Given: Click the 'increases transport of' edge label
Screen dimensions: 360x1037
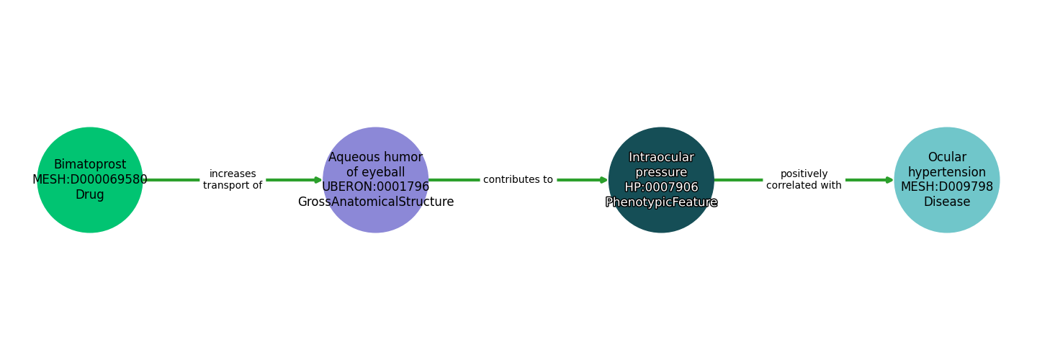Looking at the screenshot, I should tap(233, 180).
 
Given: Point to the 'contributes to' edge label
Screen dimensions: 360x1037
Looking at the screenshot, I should tap(518, 180).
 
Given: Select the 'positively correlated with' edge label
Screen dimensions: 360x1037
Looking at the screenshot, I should tap(804, 180).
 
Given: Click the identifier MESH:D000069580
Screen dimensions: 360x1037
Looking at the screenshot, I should tap(90, 180).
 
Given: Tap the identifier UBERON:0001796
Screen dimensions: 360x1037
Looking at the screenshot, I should tap(375, 187).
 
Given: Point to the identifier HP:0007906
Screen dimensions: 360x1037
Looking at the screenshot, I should tap(661, 188).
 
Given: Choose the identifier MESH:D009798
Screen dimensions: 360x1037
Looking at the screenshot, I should tap(947, 187).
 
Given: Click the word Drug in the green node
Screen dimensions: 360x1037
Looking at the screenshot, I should tap(90, 195).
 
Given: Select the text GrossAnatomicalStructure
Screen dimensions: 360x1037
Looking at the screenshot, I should tap(375, 202).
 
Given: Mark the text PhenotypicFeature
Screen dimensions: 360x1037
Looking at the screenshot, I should tap(661, 203).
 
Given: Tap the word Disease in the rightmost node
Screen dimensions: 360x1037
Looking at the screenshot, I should tap(947, 202).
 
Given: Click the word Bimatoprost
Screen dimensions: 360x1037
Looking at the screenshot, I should tap(90, 165).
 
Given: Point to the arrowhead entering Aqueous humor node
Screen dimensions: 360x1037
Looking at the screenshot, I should tap(318, 180).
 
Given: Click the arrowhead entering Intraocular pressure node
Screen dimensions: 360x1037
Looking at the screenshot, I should tap(603, 180).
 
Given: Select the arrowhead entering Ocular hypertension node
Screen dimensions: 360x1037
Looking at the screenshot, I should tap(889, 180).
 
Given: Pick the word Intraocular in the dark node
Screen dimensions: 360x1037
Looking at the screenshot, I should tap(661, 158).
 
